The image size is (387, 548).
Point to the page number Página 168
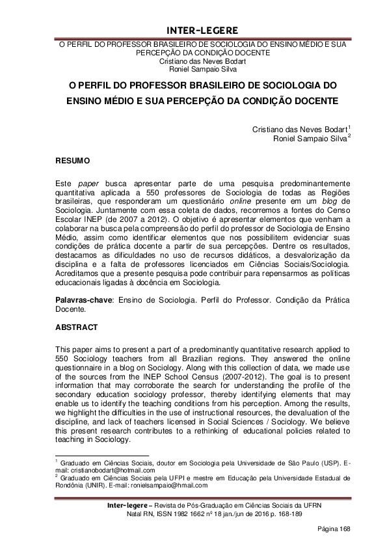pos(334,529)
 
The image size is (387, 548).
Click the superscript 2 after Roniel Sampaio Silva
pos(349,135)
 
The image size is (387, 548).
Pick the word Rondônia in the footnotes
pos(71,484)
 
